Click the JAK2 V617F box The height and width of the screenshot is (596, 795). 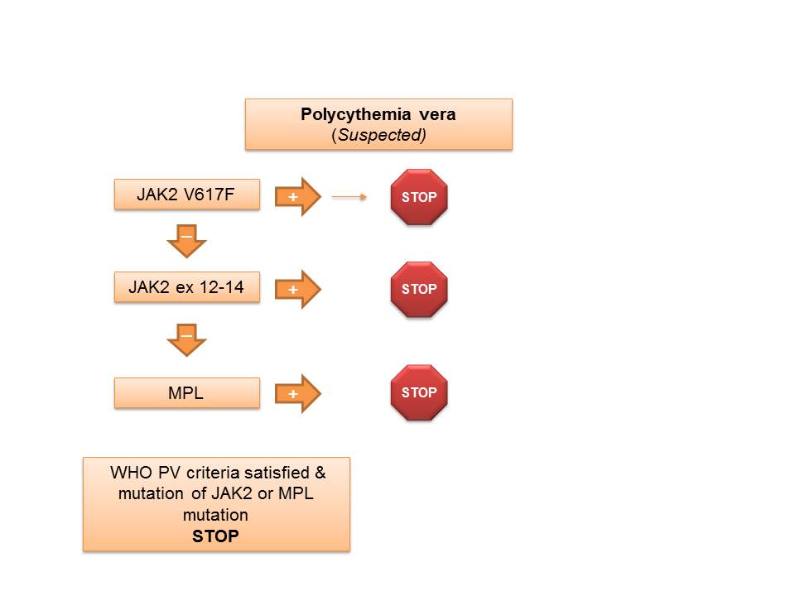186,196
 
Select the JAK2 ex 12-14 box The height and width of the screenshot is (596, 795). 186,288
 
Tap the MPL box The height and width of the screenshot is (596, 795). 186,393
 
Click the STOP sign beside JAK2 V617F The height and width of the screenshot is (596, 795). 419,197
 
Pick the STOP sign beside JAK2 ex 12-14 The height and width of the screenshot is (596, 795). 419,290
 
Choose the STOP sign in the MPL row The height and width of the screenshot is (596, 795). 419,392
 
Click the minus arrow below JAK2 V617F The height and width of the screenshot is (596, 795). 186,241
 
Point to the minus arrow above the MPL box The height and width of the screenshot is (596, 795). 186,339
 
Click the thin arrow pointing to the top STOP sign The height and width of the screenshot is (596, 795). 349,197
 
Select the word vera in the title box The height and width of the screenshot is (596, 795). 436,114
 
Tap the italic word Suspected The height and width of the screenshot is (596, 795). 378,134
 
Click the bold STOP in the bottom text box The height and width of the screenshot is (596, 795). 215,536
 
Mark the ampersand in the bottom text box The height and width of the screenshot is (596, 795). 320,473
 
